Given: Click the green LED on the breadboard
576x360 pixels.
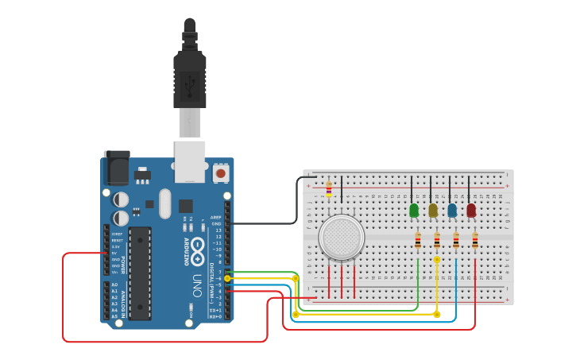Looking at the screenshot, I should point(414,211).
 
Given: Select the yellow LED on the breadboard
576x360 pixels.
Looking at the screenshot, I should point(433,211).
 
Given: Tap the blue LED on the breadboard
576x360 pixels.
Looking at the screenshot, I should point(452,211).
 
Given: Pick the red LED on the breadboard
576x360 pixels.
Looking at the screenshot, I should point(471,211).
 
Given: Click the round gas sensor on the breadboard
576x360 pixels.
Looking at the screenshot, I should point(342,237).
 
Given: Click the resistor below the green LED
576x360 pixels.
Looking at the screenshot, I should point(418,241).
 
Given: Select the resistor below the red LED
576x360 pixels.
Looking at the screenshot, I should point(475,241).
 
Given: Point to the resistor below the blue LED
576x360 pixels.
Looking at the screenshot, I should point(456,241).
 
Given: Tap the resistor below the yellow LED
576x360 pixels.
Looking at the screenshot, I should point(437,241).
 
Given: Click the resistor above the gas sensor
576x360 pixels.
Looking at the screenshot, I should point(329,189).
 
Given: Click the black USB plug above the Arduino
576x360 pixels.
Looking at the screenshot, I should point(190,75).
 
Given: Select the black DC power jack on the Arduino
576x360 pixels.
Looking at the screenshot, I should point(116,168).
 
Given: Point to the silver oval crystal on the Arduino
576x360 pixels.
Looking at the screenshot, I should point(164,203).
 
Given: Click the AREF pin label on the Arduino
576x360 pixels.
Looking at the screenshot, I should point(217,217).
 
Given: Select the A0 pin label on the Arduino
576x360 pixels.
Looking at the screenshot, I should point(114,285).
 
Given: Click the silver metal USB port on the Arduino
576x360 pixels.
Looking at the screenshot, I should point(190,161).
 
